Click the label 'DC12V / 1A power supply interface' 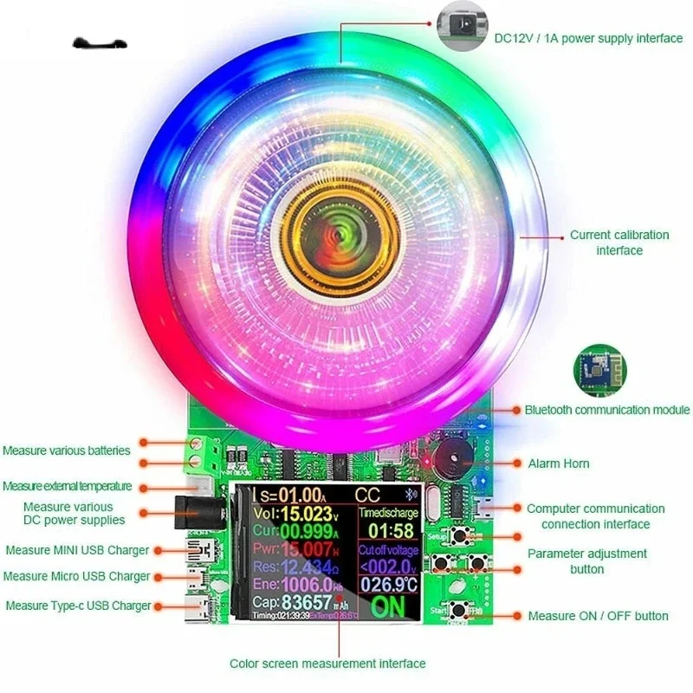coord(588,38)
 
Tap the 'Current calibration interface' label coord(619,243)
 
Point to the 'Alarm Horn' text coord(559,463)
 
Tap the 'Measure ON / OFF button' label coord(598,616)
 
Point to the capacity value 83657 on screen coord(310,604)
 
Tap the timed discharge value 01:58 coord(386,530)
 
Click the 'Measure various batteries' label coord(67,450)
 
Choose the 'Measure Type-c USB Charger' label coord(79,606)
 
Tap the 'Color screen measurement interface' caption coord(327,664)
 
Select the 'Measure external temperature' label coord(68,486)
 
